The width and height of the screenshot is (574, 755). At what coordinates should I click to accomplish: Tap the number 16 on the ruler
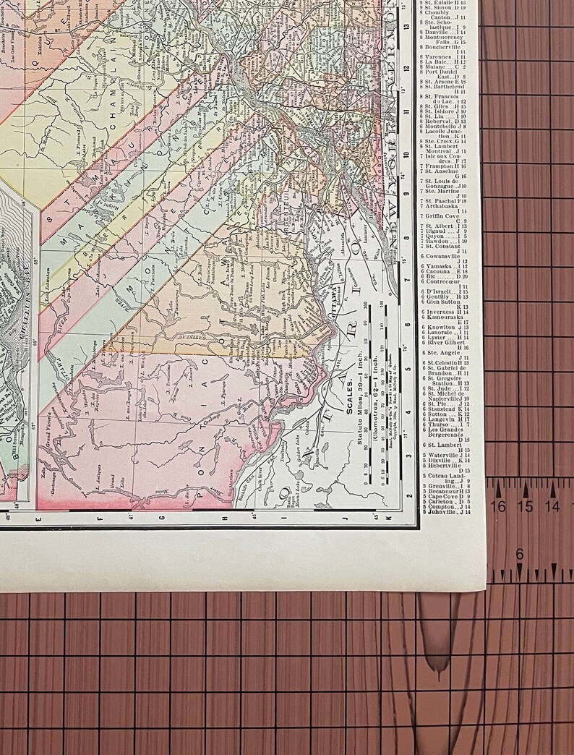(498, 506)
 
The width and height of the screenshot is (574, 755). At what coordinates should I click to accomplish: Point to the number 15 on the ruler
(526, 506)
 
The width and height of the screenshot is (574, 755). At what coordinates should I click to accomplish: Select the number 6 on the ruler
(519, 554)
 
